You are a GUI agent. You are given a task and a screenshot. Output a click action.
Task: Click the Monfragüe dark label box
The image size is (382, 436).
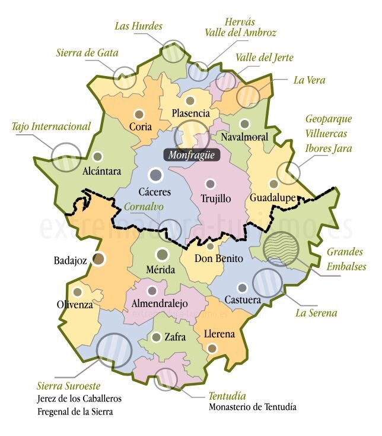[x=191, y=156]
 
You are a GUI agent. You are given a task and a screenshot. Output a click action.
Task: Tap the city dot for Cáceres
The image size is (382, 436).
[x=156, y=175]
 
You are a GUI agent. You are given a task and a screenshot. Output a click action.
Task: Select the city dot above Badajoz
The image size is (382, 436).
[x=99, y=258]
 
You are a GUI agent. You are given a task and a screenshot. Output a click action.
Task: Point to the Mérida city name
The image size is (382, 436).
[x=161, y=270]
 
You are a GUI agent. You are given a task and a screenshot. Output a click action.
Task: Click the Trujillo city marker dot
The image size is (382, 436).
[x=209, y=184]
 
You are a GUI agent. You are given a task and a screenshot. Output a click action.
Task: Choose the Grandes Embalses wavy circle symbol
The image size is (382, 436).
[x=281, y=248]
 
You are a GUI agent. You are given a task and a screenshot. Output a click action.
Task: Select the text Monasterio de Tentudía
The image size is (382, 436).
[x=253, y=407]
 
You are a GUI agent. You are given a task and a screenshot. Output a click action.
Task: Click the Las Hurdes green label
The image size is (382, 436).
[x=138, y=26]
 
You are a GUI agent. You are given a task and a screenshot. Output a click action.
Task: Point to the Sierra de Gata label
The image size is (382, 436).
[x=87, y=53]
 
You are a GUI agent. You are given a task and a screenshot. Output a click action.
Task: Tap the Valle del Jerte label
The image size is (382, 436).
[x=264, y=58]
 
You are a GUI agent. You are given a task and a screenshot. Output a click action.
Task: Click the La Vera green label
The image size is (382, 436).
[x=309, y=80]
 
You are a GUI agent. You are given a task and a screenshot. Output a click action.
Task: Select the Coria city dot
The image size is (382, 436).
[x=139, y=114]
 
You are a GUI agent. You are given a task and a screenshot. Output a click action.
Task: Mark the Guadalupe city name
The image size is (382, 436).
[x=273, y=197]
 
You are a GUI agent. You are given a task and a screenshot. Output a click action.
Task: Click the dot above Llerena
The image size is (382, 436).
[x=212, y=348]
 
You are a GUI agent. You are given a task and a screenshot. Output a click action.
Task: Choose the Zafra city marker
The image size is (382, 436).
[x=156, y=337]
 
